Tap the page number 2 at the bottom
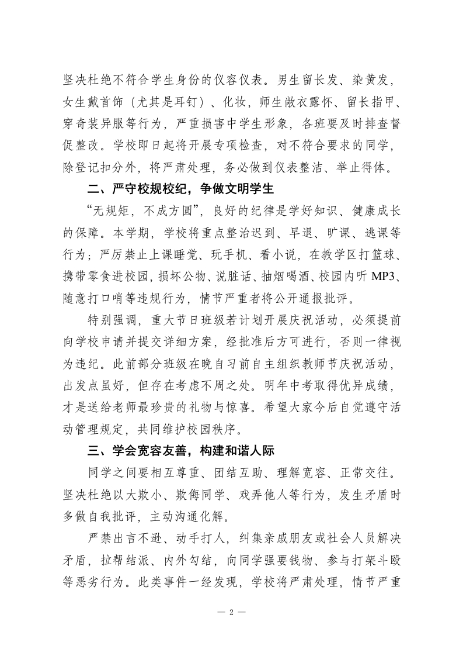click(231, 613)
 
